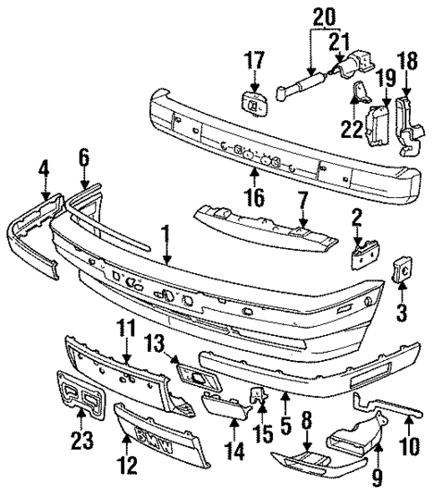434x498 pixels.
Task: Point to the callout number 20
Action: [323, 16]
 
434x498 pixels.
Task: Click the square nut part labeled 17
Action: [253, 104]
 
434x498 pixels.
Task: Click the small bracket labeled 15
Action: [258, 396]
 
